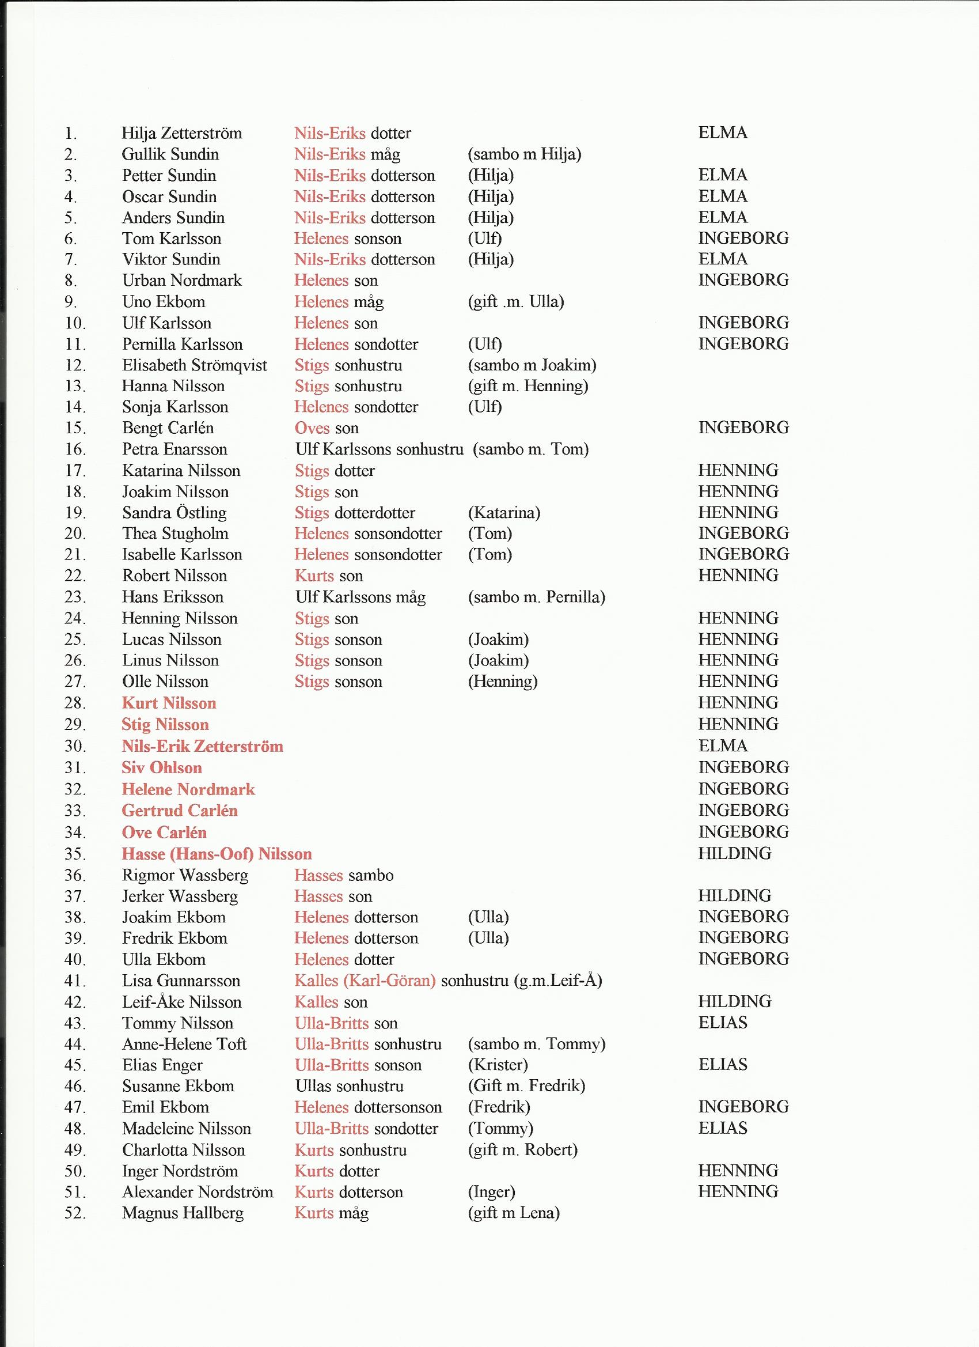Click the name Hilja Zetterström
(x=181, y=133)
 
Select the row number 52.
(x=75, y=1213)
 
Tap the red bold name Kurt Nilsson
(x=169, y=703)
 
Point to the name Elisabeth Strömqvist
(x=195, y=365)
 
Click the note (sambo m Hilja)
(x=524, y=154)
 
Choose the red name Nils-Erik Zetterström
(x=203, y=746)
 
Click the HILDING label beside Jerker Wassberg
(x=734, y=896)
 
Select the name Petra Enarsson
(x=174, y=449)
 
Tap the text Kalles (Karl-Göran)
(x=365, y=981)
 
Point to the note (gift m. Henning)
(x=528, y=386)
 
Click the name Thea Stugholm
(x=175, y=533)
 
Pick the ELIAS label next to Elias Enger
(x=723, y=1064)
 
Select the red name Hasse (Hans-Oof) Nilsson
(x=217, y=854)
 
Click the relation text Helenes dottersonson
(x=368, y=1107)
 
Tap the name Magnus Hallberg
(x=183, y=1213)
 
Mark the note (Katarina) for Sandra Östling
(x=504, y=513)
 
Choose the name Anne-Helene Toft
(x=184, y=1043)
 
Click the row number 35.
(x=75, y=854)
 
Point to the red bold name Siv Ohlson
(x=161, y=767)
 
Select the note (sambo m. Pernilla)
(x=536, y=597)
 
